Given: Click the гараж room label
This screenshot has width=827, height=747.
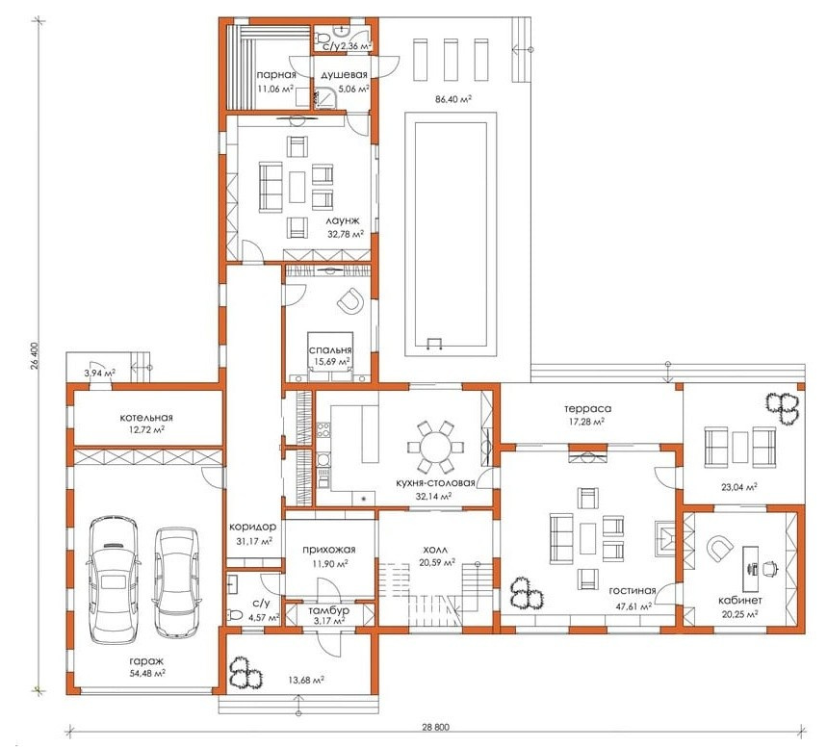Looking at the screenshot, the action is pos(146,661).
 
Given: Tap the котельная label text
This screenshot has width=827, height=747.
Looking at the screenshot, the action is pos(146,417).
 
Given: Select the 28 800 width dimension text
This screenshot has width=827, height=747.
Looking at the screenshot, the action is pos(436,727).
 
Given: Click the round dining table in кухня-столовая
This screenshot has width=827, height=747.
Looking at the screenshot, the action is pos(436,447).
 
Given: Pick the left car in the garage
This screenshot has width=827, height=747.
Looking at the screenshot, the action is pos(113,579).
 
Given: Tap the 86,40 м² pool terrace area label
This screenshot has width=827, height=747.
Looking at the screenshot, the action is pos(452,99).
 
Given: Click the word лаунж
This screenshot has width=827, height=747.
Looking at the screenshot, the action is pos(343,220).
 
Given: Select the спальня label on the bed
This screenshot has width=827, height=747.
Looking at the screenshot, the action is pos(330,349).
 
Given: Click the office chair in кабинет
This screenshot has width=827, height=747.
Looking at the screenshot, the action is pos(770,568).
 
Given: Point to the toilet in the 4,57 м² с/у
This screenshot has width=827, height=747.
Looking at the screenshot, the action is pos(234,614).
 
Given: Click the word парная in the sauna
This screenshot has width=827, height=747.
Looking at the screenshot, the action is pos(276,75).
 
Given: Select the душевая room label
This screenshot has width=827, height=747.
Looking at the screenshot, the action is pos(344,75).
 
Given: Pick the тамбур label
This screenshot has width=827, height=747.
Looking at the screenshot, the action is pos(329,610).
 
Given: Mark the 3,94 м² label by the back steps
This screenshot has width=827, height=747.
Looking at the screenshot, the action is pos(100,373).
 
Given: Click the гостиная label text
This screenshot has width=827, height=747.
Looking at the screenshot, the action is pos(633,590).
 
